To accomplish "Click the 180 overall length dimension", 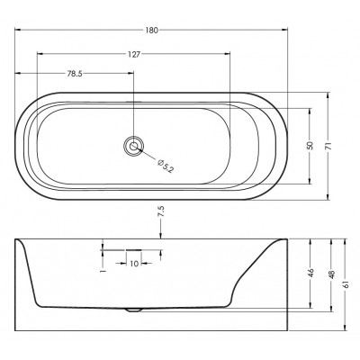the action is (x=152, y=30).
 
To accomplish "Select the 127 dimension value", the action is (x=134, y=54).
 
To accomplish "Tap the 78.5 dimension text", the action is (x=75, y=74).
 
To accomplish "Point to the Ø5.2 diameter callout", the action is (x=166, y=166).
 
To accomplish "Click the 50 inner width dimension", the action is (x=310, y=146).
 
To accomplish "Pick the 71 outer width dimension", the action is (x=328, y=146).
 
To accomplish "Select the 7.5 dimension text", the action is (x=161, y=211).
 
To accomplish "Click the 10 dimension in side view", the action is (x=134, y=264).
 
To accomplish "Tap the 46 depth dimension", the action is (x=310, y=273).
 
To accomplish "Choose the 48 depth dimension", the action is (x=332, y=274).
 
